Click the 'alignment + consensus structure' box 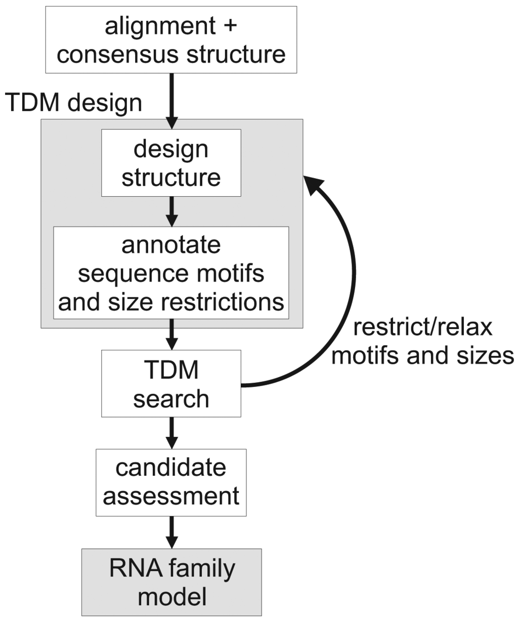tap(171, 39)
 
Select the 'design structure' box tap(171, 163)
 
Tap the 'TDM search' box tap(171, 384)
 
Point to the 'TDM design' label tap(74, 103)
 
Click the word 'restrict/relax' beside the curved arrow tap(423, 327)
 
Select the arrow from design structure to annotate tap(171, 211)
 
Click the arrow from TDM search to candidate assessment tap(171, 433)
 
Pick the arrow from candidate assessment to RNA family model tap(171, 532)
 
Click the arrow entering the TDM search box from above tap(171, 334)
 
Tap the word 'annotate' tap(171, 245)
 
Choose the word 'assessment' tap(171, 496)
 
